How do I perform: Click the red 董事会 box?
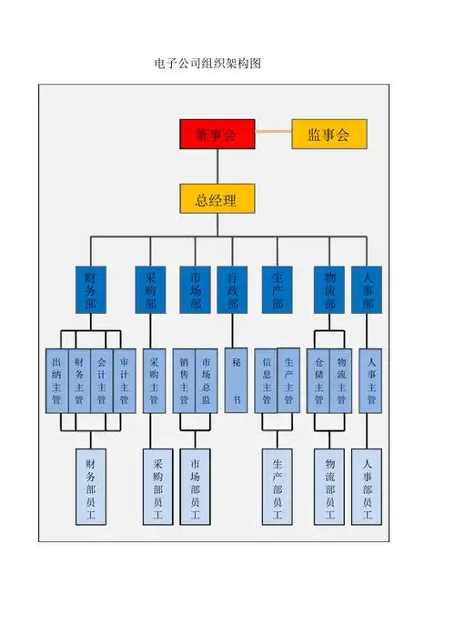tap(217, 135)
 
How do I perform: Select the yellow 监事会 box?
tap(329, 135)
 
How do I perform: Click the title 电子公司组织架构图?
tap(208, 65)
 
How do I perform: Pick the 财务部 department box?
tap(90, 290)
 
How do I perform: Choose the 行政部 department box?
tap(232, 290)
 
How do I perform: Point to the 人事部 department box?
tap(368, 290)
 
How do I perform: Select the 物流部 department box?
tap(329, 290)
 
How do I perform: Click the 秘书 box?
tap(237, 380)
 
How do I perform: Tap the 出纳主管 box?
tap(56, 380)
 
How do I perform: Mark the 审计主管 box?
tap(124, 380)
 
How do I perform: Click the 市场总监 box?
tap(206, 380)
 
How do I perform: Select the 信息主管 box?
tap(267, 380)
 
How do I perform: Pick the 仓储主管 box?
tap(318, 380)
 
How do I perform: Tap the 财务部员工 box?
tap(90, 487)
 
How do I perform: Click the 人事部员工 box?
tap(368, 487)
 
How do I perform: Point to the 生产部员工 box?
tap(278, 487)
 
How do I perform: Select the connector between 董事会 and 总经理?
tap(217, 166)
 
